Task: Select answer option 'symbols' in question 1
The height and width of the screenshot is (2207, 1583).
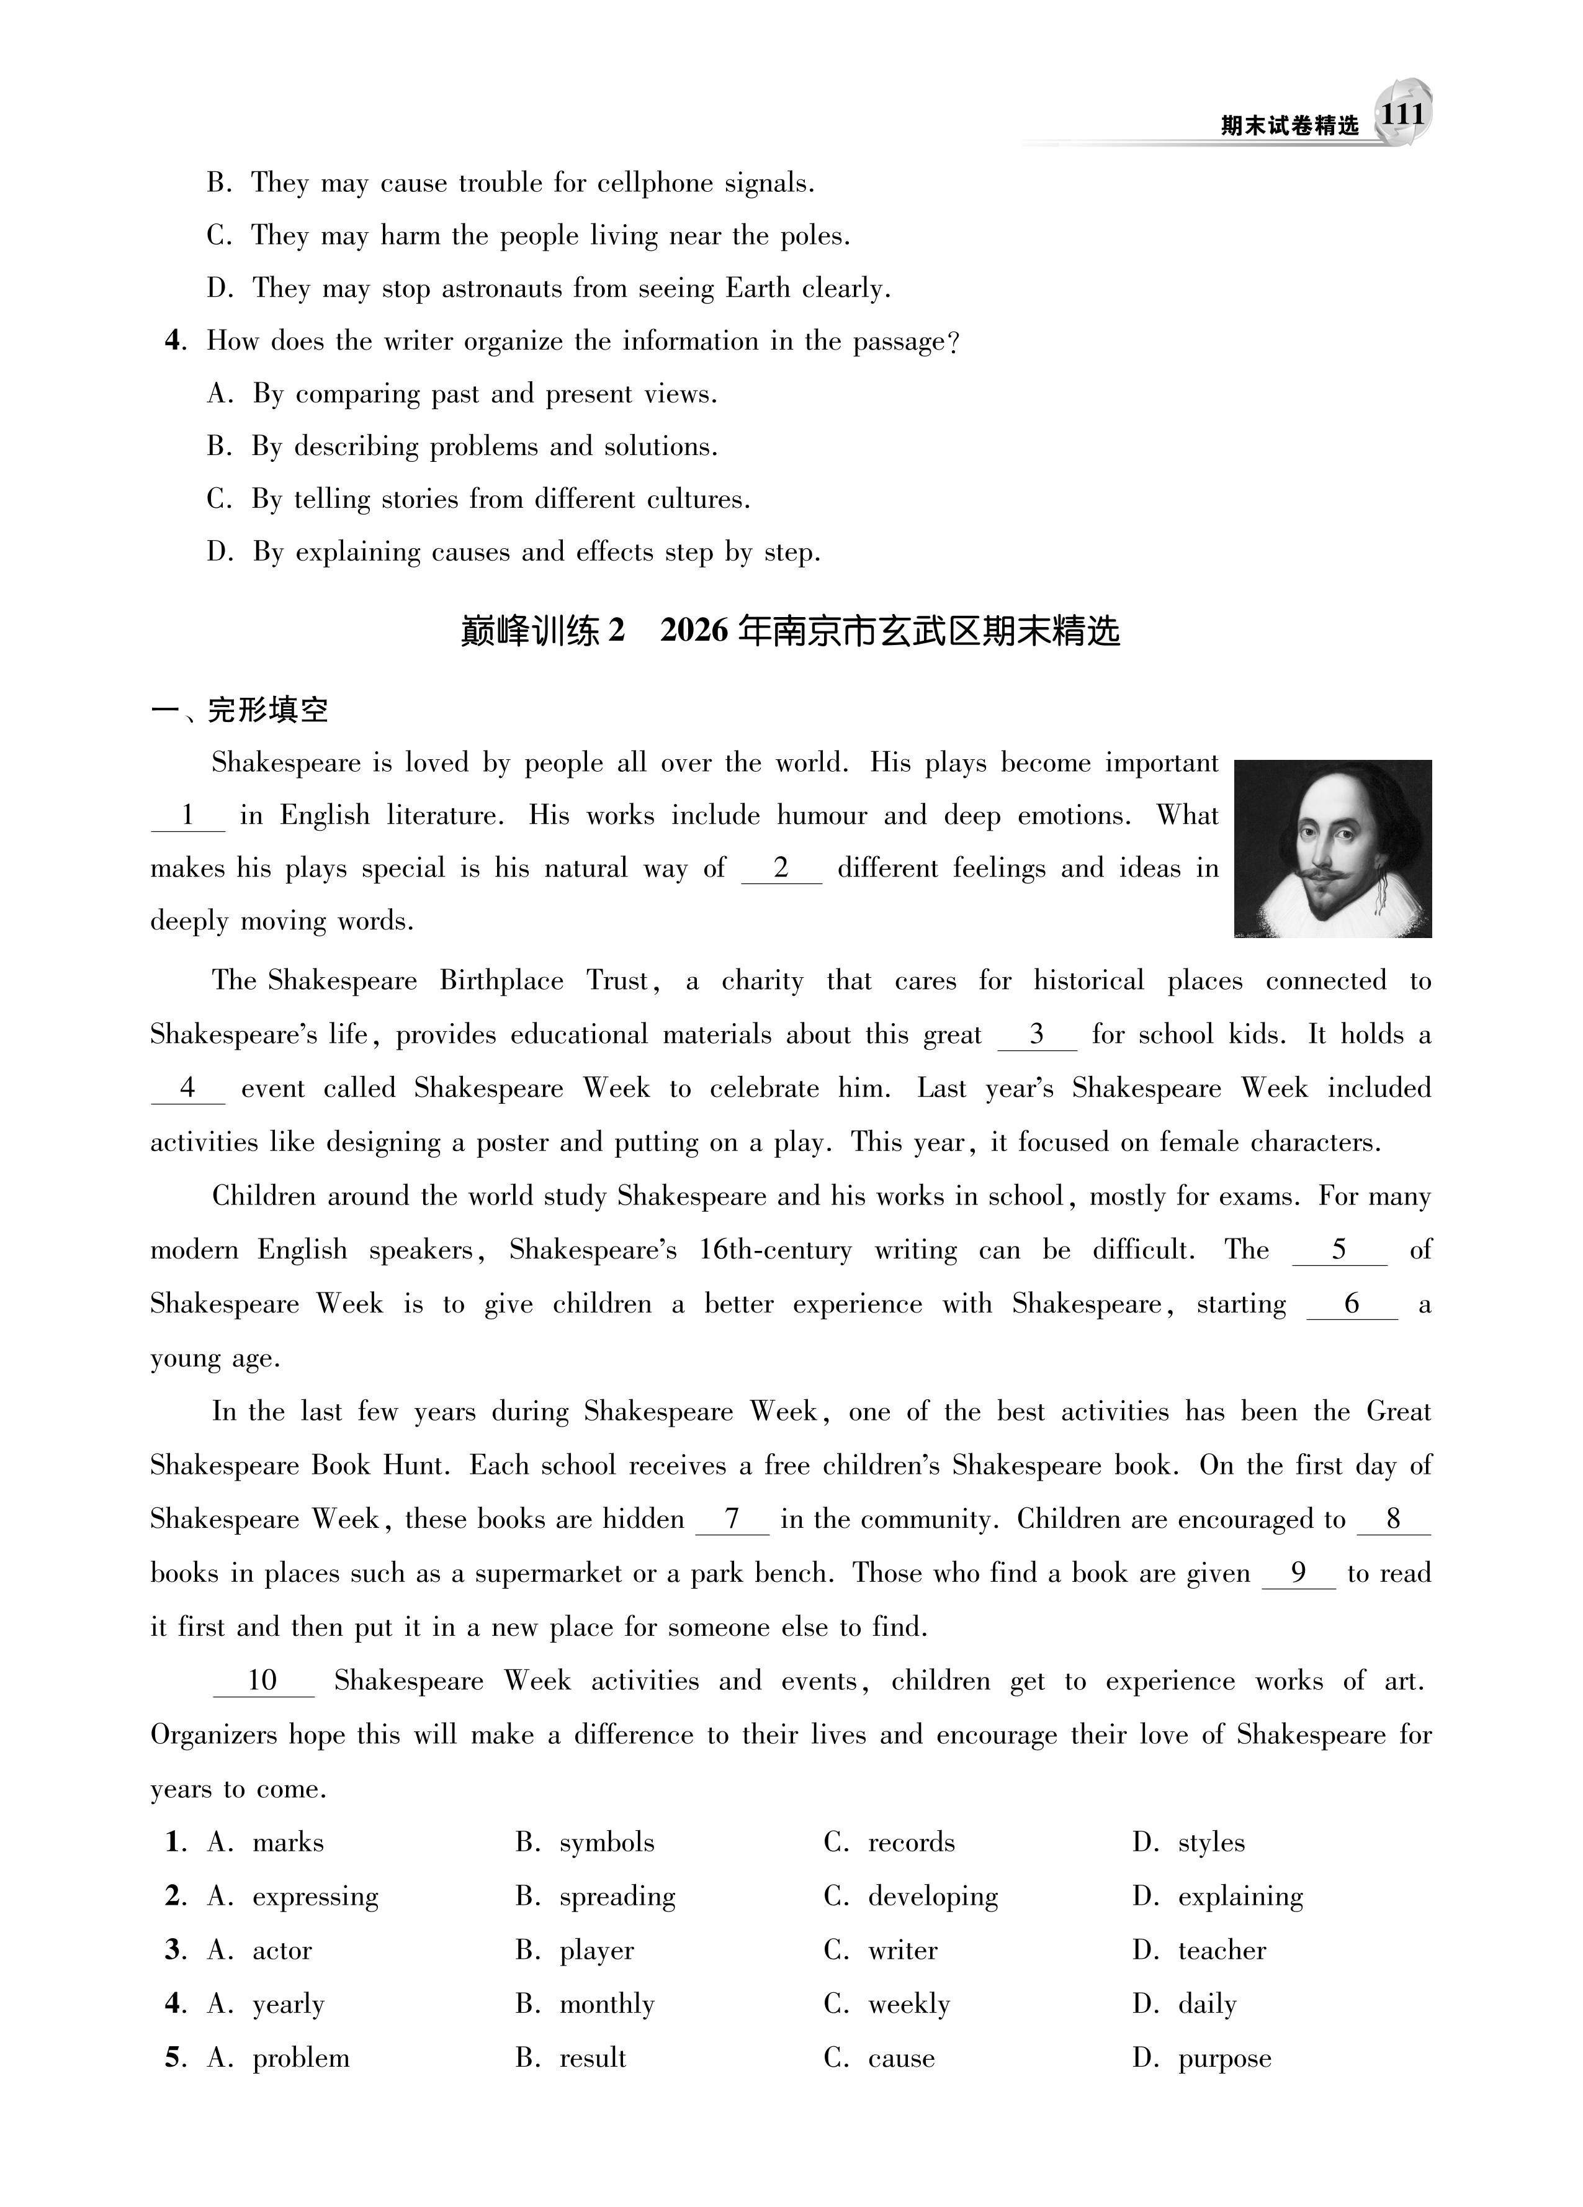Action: coord(606,1842)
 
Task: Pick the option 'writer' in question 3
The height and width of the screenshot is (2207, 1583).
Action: coord(902,1950)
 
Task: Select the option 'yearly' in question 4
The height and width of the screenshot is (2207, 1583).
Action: coord(288,2003)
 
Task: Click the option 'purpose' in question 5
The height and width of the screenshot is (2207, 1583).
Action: coord(1224,2058)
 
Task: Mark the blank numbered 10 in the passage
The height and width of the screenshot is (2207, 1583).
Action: coord(262,1681)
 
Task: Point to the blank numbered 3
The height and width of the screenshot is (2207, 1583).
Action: coord(1037,1034)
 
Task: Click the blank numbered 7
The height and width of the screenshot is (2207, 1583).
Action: coord(732,1519)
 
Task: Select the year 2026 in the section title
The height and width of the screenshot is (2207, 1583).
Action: coord(694,631)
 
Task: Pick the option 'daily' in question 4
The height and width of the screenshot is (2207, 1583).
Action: coord(1206,2003)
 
